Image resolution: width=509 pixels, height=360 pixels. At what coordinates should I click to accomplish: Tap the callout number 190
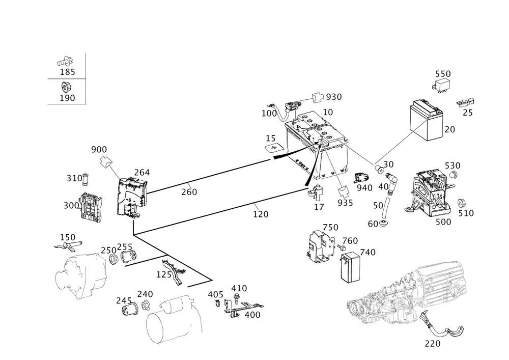pyautogui.click(x=68, y=97)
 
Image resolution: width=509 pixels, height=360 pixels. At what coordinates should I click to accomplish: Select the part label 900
pyautogui.click(x=99, y=149)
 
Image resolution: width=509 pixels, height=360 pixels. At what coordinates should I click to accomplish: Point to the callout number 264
pyautogui.click(x=142, y=173)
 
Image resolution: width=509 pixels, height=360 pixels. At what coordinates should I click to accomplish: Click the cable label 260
pyautogui.click(x=189, y=192)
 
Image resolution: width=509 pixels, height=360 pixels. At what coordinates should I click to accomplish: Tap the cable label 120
pyautogui.click(x=261, y=214)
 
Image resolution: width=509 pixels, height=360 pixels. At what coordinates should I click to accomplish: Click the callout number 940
pyautogui.click(x=364, y=188)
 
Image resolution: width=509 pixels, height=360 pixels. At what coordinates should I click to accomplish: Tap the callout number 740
pyautogui.click(x=368, y=252)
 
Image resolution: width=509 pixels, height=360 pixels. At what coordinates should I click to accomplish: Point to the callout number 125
pyautogui.click(x=164, y=274)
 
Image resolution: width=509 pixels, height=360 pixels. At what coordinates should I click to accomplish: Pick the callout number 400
pyautogui.click(x=252, y=315)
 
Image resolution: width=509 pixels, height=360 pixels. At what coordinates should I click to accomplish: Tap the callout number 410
pyautogui.click(x=239, y=288)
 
